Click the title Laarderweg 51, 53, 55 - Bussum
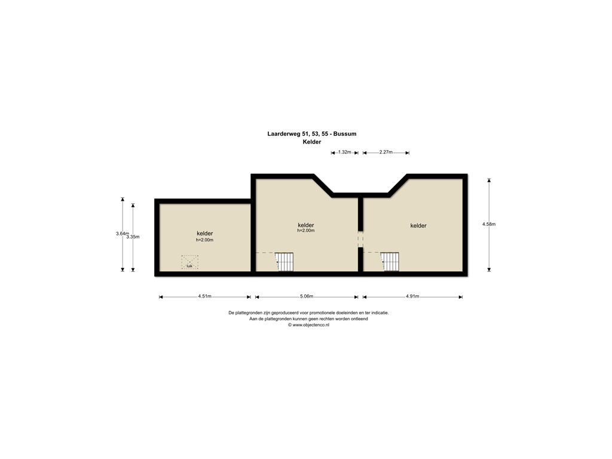311,134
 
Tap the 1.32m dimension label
344,152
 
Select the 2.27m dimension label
385,152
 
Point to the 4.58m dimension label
489,224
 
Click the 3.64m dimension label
122,234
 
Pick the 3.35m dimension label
133,237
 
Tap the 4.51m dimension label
204,296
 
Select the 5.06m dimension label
306,296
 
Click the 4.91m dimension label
412,296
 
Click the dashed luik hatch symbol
189,262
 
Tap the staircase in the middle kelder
284,262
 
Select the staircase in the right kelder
390,262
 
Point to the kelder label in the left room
205,233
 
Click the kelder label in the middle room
306,225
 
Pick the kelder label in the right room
418,225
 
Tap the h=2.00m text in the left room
204,240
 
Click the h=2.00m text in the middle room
306,231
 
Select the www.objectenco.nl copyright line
308,325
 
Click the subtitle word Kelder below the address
312,142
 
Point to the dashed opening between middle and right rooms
360,239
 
